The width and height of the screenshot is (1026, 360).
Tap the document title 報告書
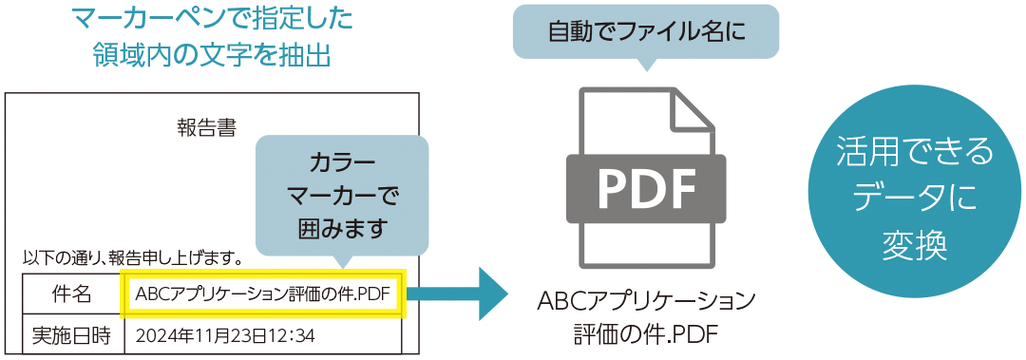point(206,127)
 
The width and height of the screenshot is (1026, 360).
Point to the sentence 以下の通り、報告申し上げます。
point(132,256)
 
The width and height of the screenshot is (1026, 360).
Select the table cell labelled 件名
point(71,294)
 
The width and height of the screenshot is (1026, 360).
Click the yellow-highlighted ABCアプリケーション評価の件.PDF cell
point(263,294)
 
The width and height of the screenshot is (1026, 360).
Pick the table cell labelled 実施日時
point(71,334)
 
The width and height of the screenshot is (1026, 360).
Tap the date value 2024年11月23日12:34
point(225,335)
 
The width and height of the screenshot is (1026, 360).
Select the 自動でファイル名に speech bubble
point(645,31)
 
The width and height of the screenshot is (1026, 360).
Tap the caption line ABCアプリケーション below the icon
point(646,302)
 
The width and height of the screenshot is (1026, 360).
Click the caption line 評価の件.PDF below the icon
point(646,333)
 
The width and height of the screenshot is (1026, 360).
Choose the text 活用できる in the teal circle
point(914,151)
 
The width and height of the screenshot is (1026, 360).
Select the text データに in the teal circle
point(914,198)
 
